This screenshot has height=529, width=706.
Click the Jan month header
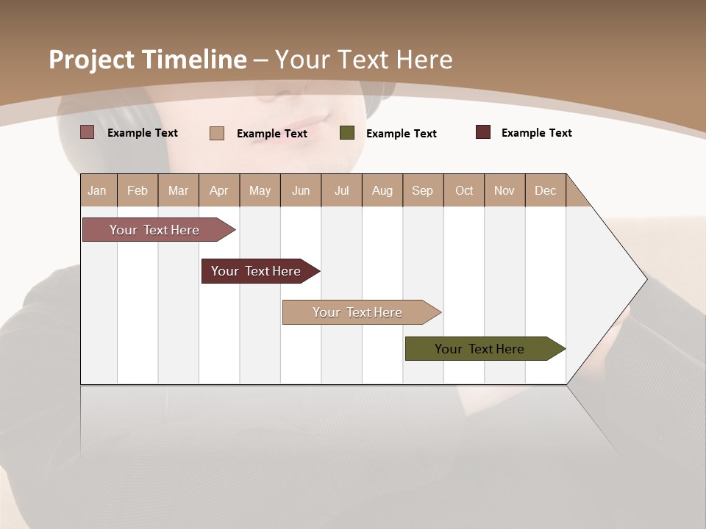pos(98,190)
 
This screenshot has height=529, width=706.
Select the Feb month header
pos(138,190)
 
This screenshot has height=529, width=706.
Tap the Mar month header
pos(178,190)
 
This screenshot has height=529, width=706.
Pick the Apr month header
pos(219,190)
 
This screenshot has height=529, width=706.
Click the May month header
pos(260,190)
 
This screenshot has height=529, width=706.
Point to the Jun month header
pos(301,190)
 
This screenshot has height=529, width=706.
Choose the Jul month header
pos(341,190)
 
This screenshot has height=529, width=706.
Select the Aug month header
pos(382,190)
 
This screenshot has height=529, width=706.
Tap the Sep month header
pos(423,190)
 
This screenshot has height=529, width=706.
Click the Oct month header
pos(464,190)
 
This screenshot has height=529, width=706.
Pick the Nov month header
pos(504,190)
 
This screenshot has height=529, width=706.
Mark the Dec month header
pos(546,190)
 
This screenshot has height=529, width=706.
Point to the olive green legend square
pos(347,133)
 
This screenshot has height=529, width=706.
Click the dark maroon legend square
pos(483,132)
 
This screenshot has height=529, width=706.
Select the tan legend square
pos(217,133)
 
